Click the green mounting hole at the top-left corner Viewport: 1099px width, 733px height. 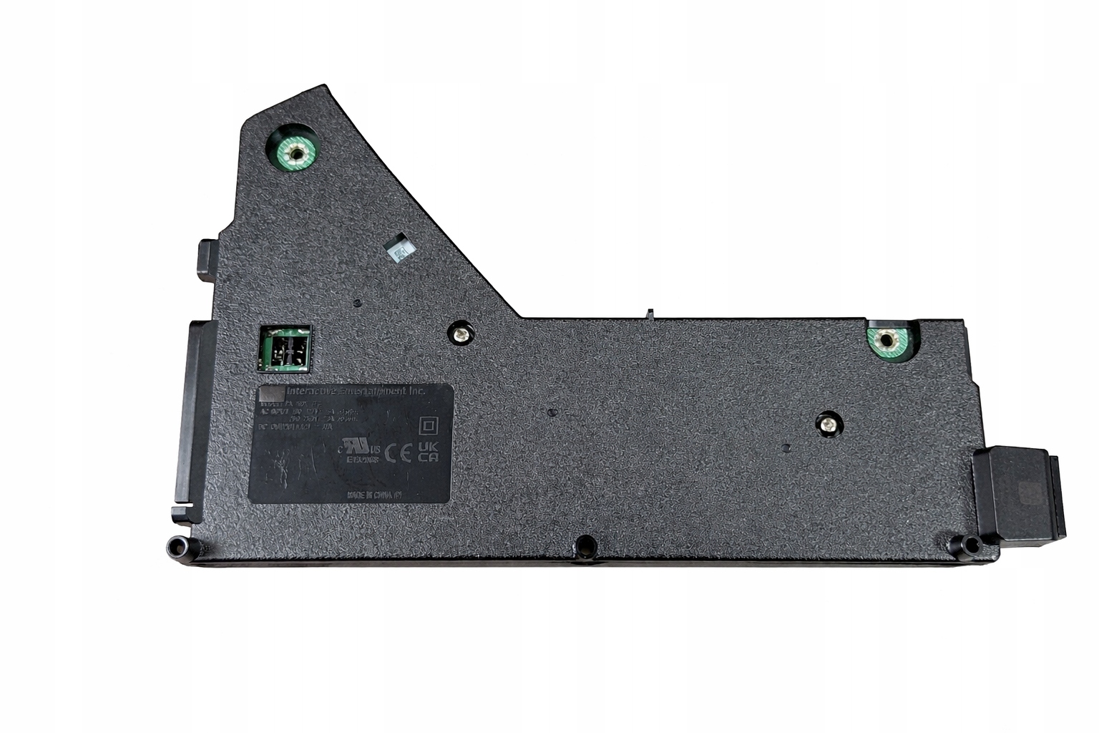(293, 152)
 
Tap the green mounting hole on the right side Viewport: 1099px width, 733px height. (886, 340)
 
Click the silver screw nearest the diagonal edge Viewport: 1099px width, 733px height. (460, 332)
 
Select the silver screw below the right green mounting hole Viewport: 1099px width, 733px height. (827, 424)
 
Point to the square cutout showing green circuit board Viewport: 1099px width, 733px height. (285, 349)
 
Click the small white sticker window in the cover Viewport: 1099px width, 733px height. (398, 248)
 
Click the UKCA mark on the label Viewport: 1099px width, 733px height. (427, 451)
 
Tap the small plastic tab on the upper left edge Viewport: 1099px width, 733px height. (205, 258)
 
